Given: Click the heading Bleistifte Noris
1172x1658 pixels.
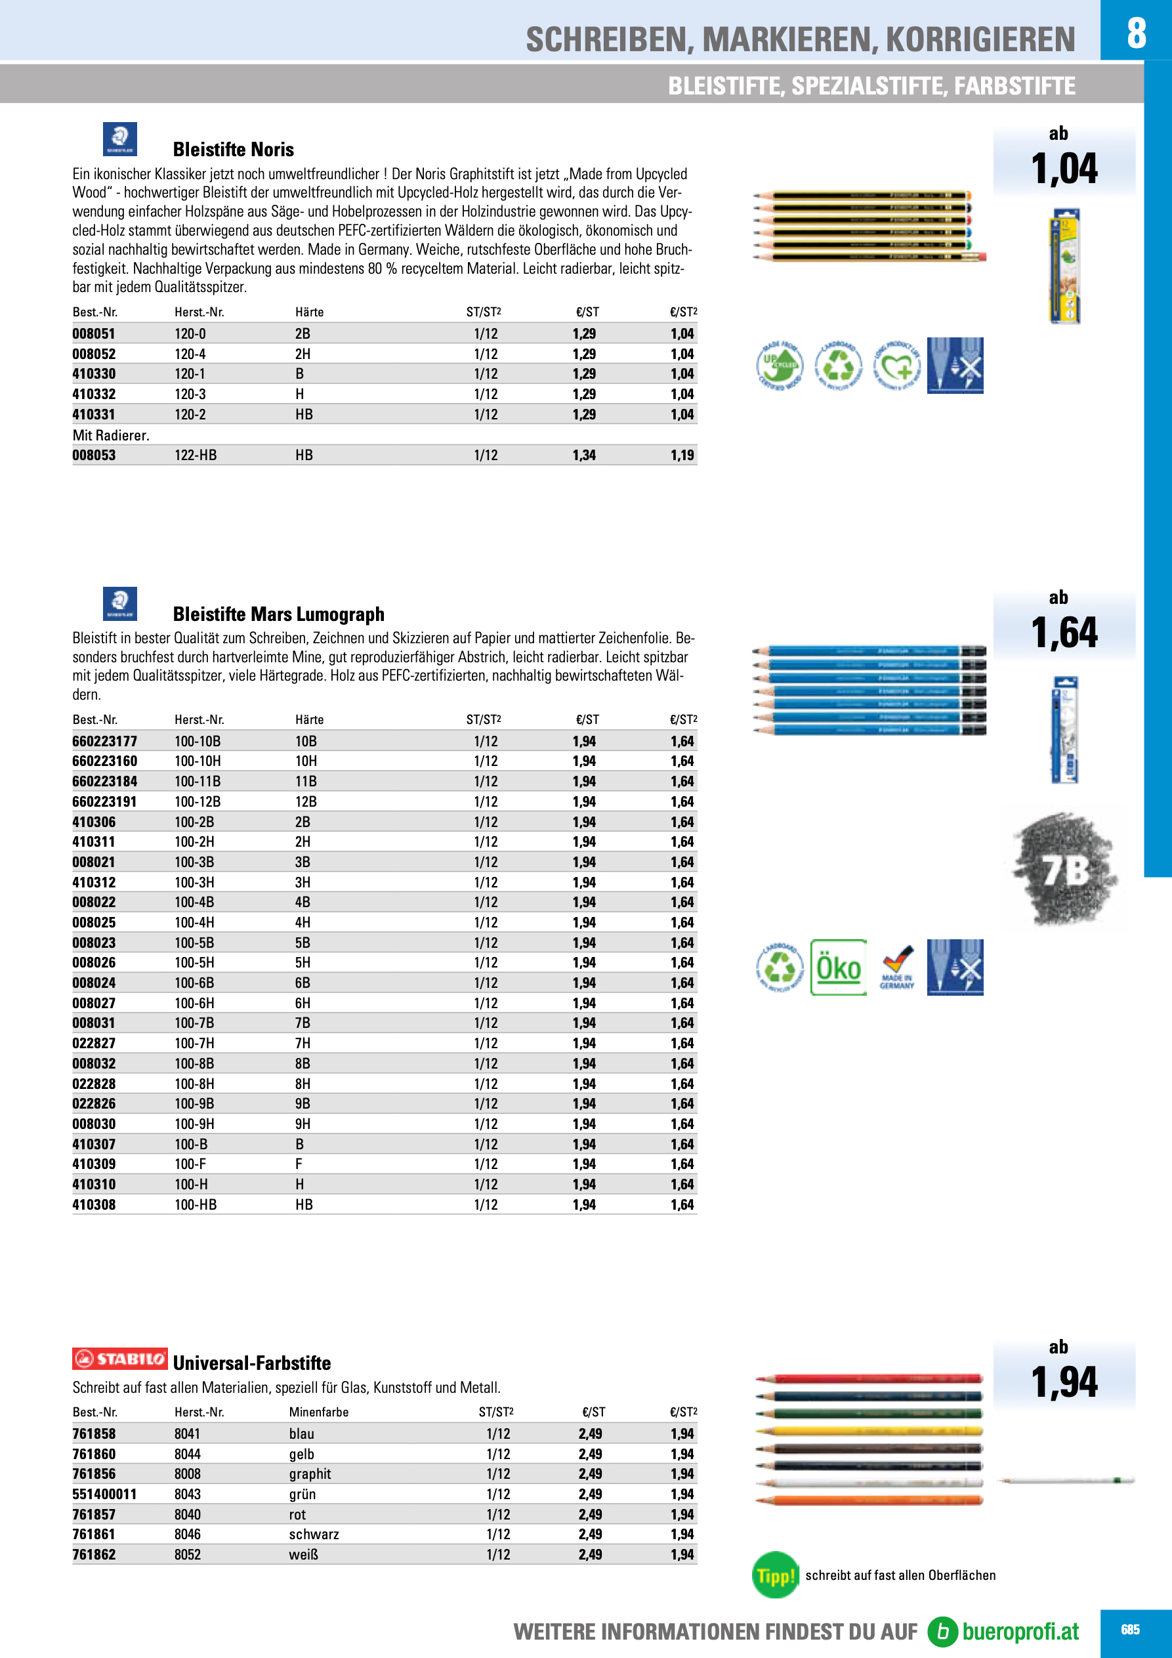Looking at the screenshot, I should pyautogui.click(x=233, y=150).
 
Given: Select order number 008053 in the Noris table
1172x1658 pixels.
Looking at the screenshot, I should pyautogui.click(x=94, y=455).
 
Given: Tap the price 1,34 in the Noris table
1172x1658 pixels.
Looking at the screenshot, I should pyautogui.click(x=583, y=455).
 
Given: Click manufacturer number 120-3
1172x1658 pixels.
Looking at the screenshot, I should pyautogui.click(x=190, y=394).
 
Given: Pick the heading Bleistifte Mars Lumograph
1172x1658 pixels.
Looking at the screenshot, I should pyautogui.click(x=278, y=614).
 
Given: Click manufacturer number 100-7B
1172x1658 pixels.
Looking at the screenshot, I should pyautogui.click(x=194, y=1023).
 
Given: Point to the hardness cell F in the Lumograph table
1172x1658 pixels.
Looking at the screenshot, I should pyautogui.click(x=299, y=1164).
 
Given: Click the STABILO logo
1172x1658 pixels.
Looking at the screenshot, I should pyautogui.click(x=120, y=1359).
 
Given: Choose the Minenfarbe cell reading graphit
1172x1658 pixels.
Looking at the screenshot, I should pyautogui.click(x=310, y=1474).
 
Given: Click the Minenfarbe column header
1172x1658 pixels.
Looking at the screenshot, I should pyautogui.click(x=318, y=1413).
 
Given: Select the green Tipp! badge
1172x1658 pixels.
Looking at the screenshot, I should pyautogui.click(x=775, y=1575).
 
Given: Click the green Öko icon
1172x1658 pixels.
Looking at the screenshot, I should pyautogui.click(x=838, y=967).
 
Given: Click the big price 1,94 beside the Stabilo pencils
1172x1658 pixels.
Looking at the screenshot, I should pyautogui.click(x=1064, y=1383).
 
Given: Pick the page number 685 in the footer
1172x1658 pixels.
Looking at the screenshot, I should pyautogui.click(x=1130, y=1630).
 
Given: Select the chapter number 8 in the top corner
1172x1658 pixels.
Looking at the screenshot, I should pyautogui.click(x=1136, y=33).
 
